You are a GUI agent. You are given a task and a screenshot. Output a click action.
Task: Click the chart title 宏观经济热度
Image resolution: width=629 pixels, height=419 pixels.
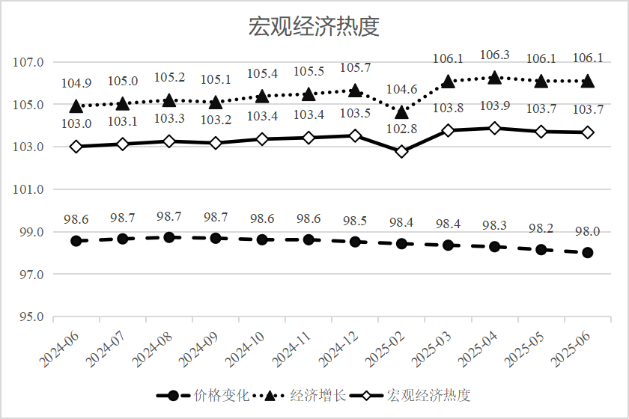click(314, 27)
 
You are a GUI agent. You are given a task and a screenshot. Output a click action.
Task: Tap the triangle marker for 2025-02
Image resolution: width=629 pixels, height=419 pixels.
click(401, 111)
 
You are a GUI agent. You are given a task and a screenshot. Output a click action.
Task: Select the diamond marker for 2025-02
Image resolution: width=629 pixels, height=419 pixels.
click(401, 151)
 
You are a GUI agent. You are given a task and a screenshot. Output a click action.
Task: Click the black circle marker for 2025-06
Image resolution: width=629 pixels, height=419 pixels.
click(588, 253)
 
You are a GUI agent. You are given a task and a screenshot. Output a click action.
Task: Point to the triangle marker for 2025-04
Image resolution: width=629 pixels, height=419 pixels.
click(494, 78)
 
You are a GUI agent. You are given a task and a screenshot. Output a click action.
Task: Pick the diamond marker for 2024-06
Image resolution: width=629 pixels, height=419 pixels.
click(76, 146)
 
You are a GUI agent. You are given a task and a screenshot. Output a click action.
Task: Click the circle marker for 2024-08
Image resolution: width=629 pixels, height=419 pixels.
click(169, 237)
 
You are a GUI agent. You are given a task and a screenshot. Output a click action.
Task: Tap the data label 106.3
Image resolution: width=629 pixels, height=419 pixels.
click(494, 55)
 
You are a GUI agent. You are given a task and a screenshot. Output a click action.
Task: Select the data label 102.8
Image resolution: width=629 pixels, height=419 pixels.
click(401, 129)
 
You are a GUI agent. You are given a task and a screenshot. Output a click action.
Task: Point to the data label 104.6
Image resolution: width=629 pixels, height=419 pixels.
click(401, 90)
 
